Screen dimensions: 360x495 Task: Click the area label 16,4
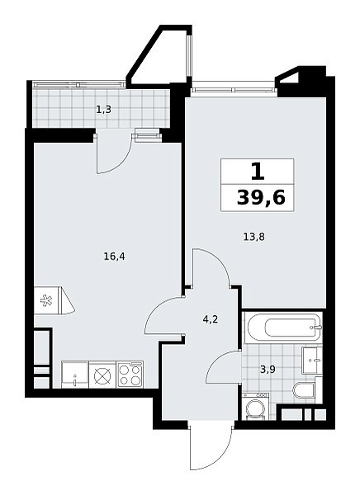pyautogui.click(x=115, y=257)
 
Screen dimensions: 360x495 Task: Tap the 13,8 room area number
pyautogui.click(x=253, y=237)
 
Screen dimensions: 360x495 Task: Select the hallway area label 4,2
pyautogui.click(x=211, y=319)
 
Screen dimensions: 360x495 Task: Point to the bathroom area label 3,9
pyautogui.click(x=268, y=370)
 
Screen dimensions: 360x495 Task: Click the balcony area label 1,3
pyautogui.click(x=104, y=110)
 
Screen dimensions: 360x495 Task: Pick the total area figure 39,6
pyautogui.click(x=261, y=198)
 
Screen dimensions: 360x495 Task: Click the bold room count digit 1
pyautogui.click(x=258, y=172)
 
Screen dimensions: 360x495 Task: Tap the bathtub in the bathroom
pyautogui.click(x=284, y=327)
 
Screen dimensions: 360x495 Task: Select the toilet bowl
pyautogui.click(x=303, y=390)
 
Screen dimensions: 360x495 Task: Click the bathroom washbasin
pyautogui.click(x=312, y=360)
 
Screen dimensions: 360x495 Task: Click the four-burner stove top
pyautogui.click(x=130, y=375)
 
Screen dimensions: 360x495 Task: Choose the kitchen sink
pyautogui.click(x=75, y=375)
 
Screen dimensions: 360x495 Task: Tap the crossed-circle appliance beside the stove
pyautogui.click(x=102, y=375)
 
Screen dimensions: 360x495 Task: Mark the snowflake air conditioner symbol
pyautogui.click(x=46, y=300)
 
